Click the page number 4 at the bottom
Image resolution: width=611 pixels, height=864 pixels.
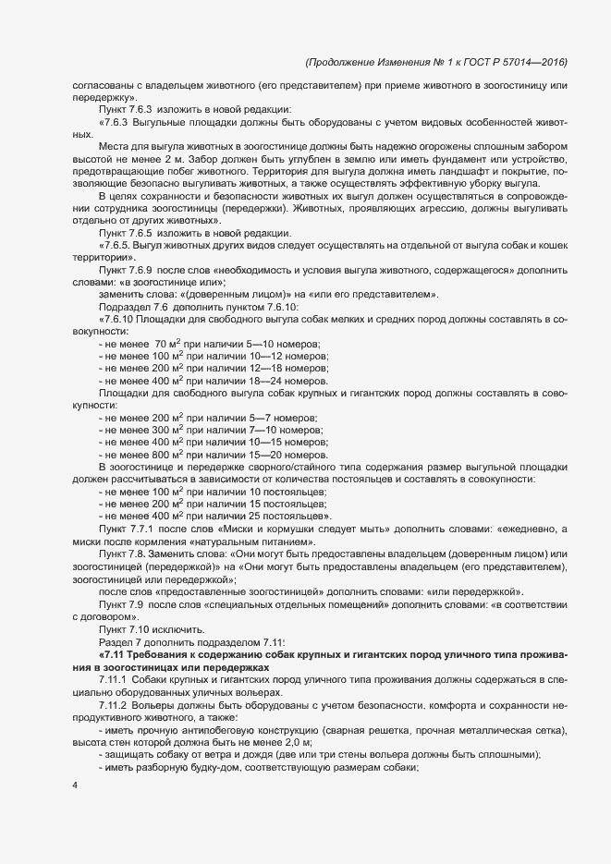click(75, 787)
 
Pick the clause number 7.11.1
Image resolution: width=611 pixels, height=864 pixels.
click(113, 679)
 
